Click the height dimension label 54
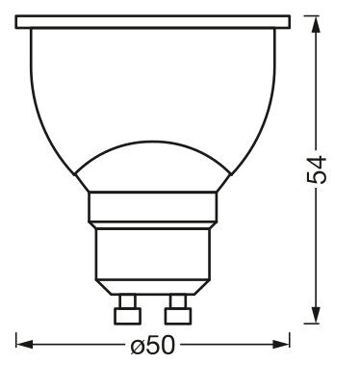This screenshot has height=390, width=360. pyautogui.click(x=317, y=169)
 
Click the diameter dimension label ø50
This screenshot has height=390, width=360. pyautogui.click(x=153, y=345)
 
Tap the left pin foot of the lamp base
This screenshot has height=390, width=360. pyautogui.click(x=127, y=316)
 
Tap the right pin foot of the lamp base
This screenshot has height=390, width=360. pyautogui.click(x=178, y=316)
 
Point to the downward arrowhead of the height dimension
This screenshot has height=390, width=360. pyautogui.click(x=316, y=315)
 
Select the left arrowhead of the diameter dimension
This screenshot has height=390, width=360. pyautogui.click(x=24, y=345)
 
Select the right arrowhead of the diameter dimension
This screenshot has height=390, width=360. pyautogui.click(x=281, y=345)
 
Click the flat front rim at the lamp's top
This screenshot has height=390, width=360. pyautogui.click(x=153, y=22)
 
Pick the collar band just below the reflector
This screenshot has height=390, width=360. pyautogui.click(x=153, y=207)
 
